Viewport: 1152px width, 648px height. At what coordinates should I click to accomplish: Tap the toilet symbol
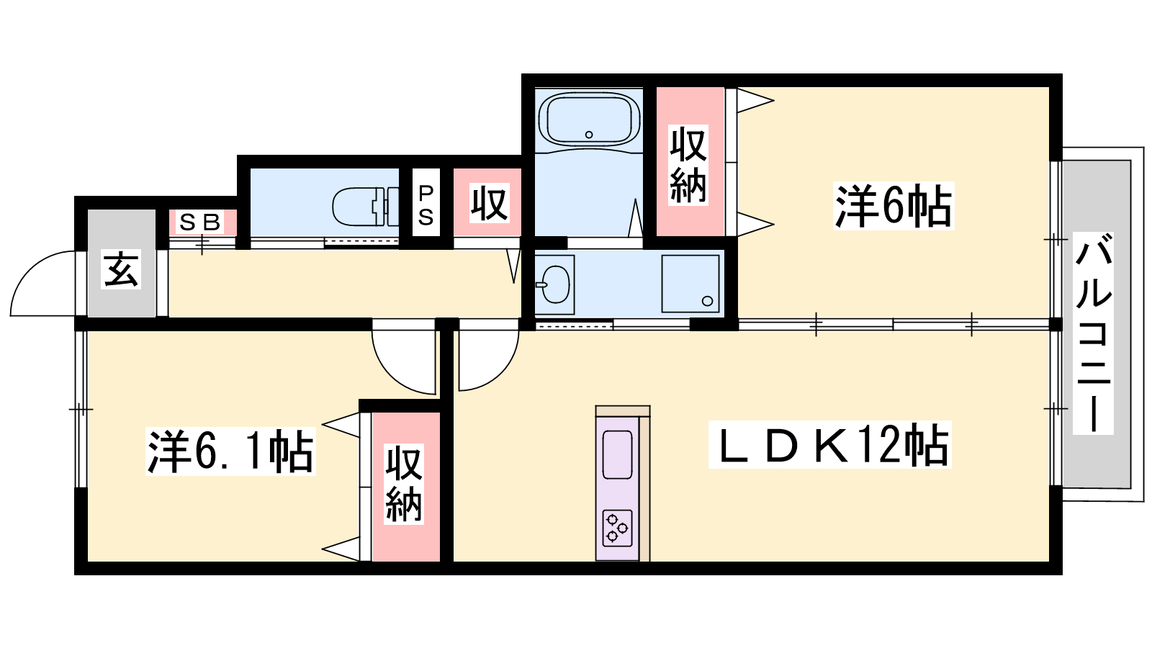click(x=366, y=207)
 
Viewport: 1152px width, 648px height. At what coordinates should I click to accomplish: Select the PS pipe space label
click(x=426, y=205)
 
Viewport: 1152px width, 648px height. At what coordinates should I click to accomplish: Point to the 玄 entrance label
click(x=121, y=269)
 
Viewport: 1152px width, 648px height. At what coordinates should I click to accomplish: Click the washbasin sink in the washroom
click(x=553, y=284)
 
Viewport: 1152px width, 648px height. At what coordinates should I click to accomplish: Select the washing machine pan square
click(x=690, y=284)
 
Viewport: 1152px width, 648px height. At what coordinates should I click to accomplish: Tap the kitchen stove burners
click(x=616, y=528)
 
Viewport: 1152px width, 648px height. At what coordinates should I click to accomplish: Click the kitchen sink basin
click(x=616, y=455)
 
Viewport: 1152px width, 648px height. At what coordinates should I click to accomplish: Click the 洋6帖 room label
click(x=894, y=206)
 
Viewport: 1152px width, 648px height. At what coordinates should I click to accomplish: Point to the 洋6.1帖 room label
click(x=230, y=451)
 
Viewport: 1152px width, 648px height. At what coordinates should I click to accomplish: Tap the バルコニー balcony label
click(x=1093, y=333)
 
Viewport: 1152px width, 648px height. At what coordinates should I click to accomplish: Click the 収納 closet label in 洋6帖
click(x=688, y=165)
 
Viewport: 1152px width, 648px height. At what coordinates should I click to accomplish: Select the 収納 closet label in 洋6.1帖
click(x=404, y=484)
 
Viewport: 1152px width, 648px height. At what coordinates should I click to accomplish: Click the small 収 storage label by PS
click(x=490, y=203)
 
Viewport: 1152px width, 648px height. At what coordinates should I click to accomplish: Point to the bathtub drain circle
click(x=589, y=135)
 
